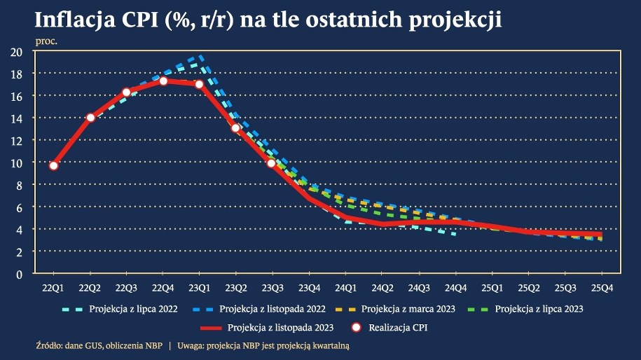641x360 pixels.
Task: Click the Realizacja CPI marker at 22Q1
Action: (53, 165)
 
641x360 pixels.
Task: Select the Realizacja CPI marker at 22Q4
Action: (163, 81)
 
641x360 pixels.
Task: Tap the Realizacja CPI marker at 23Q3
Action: (271, 163)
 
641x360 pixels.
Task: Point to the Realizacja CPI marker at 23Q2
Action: (235, 128)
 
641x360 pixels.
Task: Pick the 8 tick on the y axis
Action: (20, 185)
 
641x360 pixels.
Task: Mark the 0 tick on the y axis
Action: (20, 274)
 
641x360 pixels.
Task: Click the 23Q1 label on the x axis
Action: (199, 287)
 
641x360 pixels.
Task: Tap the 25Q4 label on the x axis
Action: (600, 287)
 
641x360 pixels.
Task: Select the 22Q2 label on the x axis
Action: (90, 287)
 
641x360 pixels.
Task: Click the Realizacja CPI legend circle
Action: (357, 326)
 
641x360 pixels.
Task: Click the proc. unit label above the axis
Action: (46, 41)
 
